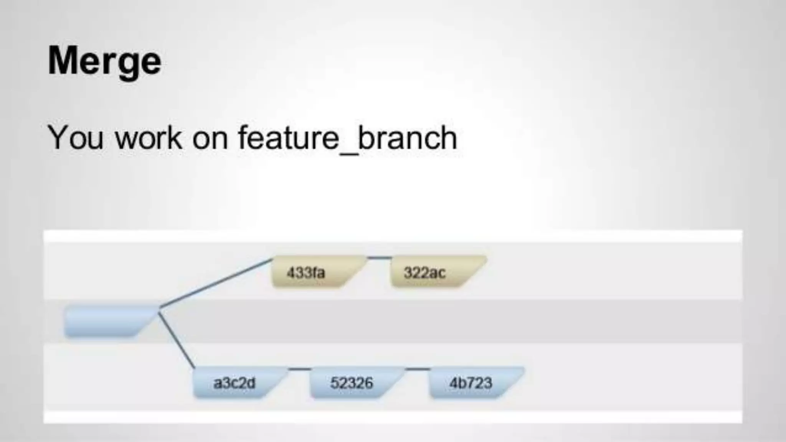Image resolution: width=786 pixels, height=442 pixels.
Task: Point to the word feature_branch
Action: tap(347, 138)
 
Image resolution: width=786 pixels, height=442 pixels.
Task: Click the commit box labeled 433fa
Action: tap(315, 272)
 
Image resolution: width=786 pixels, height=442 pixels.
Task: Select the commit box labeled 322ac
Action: tap(434, 272)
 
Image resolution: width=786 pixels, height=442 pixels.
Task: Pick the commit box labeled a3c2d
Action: tap(236, 383)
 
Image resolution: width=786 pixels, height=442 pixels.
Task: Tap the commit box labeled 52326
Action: tap(353, 383)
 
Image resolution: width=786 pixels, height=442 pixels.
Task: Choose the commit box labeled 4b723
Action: tap(472, 383)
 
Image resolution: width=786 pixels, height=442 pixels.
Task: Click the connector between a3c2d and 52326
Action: tap(299, 369)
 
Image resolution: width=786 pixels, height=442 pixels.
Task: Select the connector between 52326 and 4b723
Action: tap(418, 369)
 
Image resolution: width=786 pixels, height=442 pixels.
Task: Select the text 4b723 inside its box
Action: tap(471, 383)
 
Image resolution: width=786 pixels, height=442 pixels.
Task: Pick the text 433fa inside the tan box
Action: tap(305, 273)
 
